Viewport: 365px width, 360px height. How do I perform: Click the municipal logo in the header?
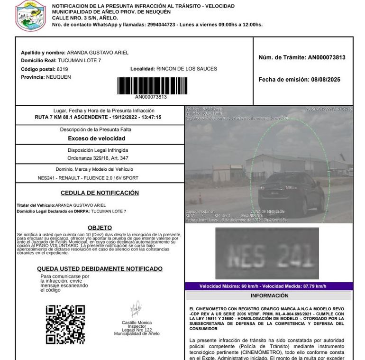[31, 14]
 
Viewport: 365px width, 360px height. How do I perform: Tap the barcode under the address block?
[152, 86]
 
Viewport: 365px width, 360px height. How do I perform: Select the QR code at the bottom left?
[65, 324]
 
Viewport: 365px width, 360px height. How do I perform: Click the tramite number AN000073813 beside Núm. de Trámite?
[327, 58]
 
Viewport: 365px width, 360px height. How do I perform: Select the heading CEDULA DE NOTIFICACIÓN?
[100, 193]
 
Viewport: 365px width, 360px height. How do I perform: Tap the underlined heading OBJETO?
[100, 228]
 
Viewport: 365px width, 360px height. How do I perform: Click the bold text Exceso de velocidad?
[97, 138]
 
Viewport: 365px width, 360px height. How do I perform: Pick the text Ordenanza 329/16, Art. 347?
[98, 158]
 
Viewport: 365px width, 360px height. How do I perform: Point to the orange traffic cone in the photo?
[200, 198]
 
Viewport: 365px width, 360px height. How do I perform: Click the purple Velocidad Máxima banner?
[269, 286]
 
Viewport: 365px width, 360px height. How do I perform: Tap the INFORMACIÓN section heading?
[269, 295]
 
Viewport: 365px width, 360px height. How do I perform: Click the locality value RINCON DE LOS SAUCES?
[186, 69]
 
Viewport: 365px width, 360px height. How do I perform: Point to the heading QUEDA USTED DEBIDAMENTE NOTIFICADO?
[100, 268]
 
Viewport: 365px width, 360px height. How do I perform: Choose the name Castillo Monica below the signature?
[137, 323]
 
